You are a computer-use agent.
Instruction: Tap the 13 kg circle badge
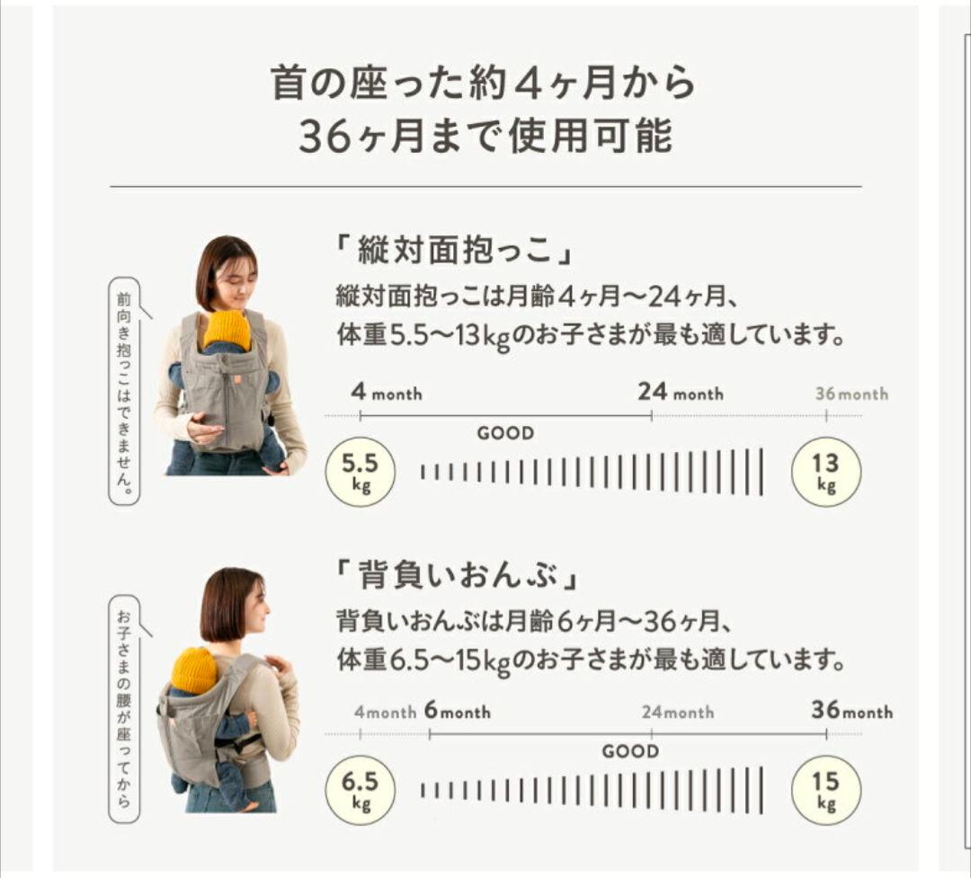[826, 472]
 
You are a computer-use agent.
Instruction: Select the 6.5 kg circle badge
[360, 790]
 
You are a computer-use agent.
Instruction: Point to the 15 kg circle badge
[826, 790]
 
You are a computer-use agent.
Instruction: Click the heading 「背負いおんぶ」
[453, 574]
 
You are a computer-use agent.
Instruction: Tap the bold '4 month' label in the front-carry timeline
[387, 394]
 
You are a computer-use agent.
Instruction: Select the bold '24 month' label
[681, 393]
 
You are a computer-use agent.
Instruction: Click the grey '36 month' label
[851, 394]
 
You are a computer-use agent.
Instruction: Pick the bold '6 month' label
[458, 712]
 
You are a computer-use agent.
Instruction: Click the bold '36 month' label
[851, 711]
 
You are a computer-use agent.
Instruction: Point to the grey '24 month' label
[678, 712]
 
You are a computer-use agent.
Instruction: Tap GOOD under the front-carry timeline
[505, 433]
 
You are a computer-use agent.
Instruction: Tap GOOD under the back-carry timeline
[630, 751]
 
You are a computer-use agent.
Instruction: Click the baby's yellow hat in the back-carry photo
[194, 670]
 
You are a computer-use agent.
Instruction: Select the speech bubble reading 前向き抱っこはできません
[125, 390]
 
